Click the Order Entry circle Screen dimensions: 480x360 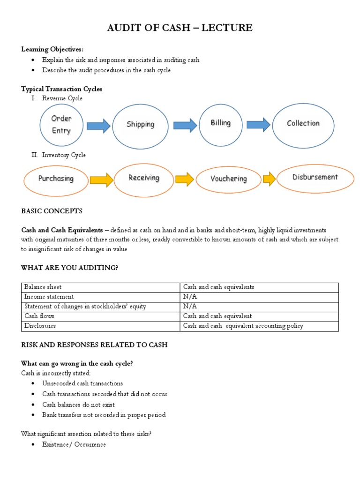[x=61, y=125]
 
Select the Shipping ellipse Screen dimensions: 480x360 [x=140, y=124]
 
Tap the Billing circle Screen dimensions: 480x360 [x=221, y=123]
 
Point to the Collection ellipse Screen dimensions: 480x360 [x=303, y=123]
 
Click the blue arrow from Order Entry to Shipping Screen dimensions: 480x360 [x=98, y=125]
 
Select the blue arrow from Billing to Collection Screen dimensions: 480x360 [x=258, y=124]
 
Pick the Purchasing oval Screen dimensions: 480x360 [x=56, y=179]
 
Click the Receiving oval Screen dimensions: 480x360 [x=143, y=178]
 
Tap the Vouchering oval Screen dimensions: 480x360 [x=229, y=179]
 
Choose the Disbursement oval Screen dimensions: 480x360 [x=315, y=177]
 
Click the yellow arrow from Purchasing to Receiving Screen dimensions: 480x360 [x=101, y=179]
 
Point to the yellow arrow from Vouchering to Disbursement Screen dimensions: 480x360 [x=270, y=179]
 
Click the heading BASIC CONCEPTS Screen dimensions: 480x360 [x=52, y=211]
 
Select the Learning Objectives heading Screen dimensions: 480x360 [x=53, y=49]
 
